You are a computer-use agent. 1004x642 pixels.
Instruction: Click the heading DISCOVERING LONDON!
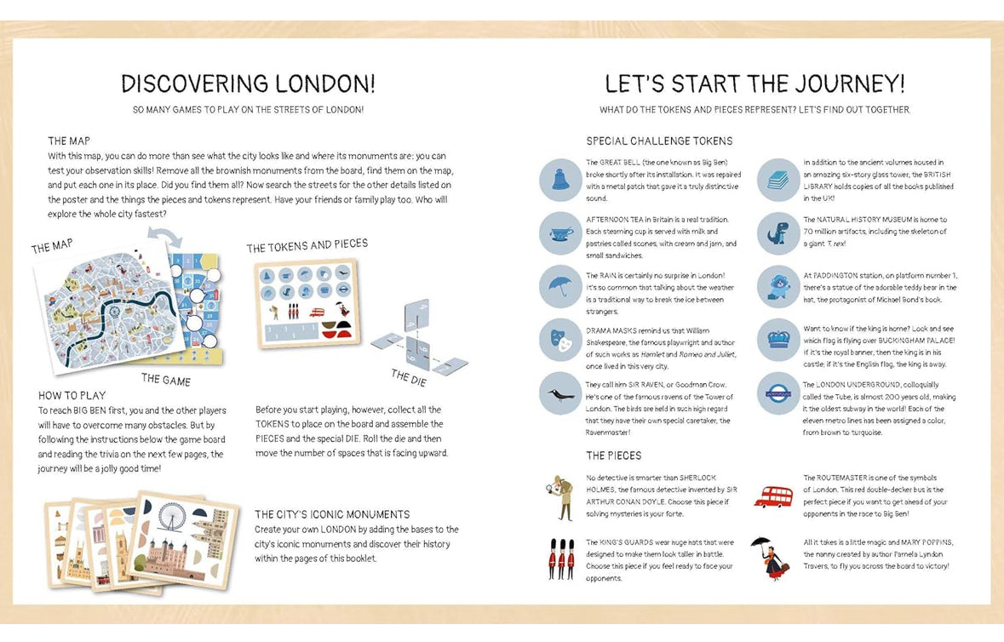coord(248,83)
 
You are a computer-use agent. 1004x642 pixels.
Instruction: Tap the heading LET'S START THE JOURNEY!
coord(754,83)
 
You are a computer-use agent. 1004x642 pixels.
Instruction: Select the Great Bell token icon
coord(560,180)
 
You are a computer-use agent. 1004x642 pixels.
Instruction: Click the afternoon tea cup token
coord(560,233)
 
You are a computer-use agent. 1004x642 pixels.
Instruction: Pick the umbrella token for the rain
coord(560,286)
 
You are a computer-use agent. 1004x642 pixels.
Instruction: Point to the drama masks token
coord(560,340)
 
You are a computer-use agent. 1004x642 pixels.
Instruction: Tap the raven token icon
coord(560,393)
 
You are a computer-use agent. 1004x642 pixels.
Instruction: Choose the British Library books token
coord(778,180)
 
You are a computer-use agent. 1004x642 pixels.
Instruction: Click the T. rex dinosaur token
coord(778,233)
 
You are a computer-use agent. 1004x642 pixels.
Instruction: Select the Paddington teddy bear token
coord(778,287)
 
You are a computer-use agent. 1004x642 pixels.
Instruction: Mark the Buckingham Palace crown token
coord(778,340)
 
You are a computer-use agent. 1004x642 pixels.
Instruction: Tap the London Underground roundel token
coord(778,393)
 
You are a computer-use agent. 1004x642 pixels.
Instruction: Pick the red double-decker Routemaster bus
coord(773,496)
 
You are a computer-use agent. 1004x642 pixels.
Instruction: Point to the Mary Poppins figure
coord(768,557)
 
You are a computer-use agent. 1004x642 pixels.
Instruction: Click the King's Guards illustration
coord(560,559)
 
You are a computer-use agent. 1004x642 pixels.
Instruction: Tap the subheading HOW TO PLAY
coord(72,395)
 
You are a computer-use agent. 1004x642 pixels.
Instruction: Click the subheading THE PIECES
coord(613,456)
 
